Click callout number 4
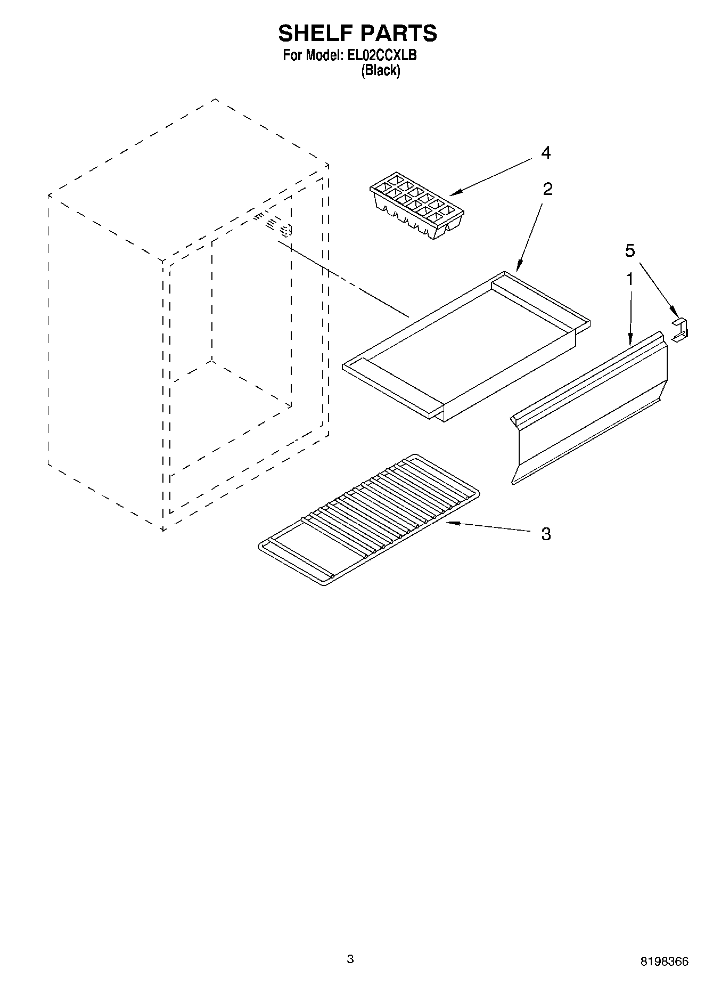coord(545,153)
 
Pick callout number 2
coord(547,189)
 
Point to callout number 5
coord(630,250)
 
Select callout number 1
coord(630,279)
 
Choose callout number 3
coord(546,534)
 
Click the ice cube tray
coord(417,208)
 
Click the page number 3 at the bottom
coord(350,959)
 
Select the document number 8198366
coord(665,962)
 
